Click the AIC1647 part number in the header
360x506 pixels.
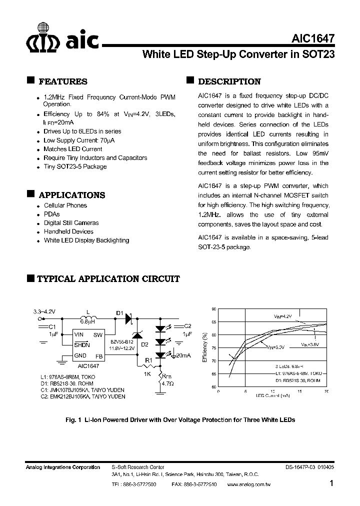point(312,38)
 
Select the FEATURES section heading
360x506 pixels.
point(62,81)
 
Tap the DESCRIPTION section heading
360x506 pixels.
point(229,81)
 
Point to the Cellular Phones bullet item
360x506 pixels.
point(65,205)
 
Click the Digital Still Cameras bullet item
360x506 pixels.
point(71,223)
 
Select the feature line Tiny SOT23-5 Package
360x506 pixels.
point(75,166)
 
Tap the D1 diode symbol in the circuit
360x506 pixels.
point(128,317)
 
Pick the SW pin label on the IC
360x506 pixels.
point(98,334)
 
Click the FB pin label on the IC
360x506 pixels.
point(98,356)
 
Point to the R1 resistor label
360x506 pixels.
point(148,359)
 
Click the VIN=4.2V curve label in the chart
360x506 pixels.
point(282,316)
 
